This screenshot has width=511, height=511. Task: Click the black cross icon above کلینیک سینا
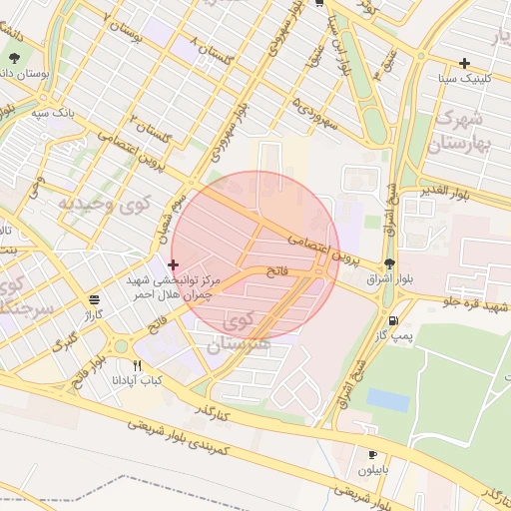(x=465, y=63)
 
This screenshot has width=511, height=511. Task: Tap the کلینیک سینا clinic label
(x=464, y=78)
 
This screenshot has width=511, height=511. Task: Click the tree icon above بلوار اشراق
(x=388, y=264)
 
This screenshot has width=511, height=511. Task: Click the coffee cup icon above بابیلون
(x=373, y=454)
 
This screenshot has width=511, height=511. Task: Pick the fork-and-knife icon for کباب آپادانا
(x=137, y=365)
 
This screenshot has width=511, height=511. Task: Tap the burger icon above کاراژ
(x=94, y=298)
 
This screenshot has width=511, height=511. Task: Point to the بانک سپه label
(x=54, y=114)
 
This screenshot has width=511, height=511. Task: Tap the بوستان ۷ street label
(x=125, y=29)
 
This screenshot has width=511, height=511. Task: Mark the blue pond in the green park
(x=387, y=400)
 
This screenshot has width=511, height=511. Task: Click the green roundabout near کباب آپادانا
(x=121, y=346)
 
